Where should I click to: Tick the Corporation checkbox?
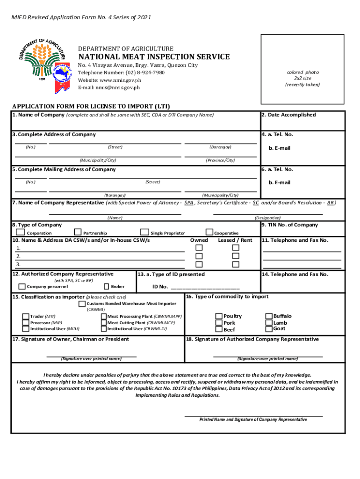[21, 232]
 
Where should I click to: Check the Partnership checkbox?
[78, 232]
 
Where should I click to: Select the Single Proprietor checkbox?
[144, 232]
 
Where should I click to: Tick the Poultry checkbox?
[219, 317]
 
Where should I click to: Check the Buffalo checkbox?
[269, 316]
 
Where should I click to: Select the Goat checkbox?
[269, 328]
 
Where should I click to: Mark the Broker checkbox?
[106, 286]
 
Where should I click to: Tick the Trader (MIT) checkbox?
[26, 317]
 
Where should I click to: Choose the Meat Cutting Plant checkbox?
[103, 323]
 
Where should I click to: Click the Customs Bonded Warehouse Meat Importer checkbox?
[82, 304]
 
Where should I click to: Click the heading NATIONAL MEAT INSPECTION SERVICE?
[153, 57]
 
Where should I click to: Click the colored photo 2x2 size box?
[302, 79]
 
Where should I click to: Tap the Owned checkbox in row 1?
[199, 247]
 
